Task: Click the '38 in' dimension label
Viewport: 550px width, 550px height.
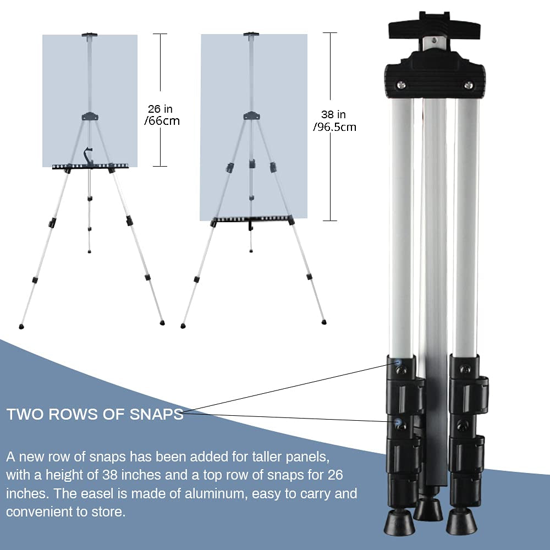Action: tap(334, 115)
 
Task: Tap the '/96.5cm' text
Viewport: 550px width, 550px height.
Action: tap(334, 128)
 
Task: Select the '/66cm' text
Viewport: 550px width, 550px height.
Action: tap(162, 121)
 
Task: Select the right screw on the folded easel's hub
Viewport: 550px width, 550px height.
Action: tap(468, 85)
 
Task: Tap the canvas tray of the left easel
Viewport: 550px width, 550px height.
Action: tap(91, 167)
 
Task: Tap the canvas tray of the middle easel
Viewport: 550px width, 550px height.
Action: tap(252, 219)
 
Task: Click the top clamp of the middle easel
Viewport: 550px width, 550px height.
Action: tap(251, 36)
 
